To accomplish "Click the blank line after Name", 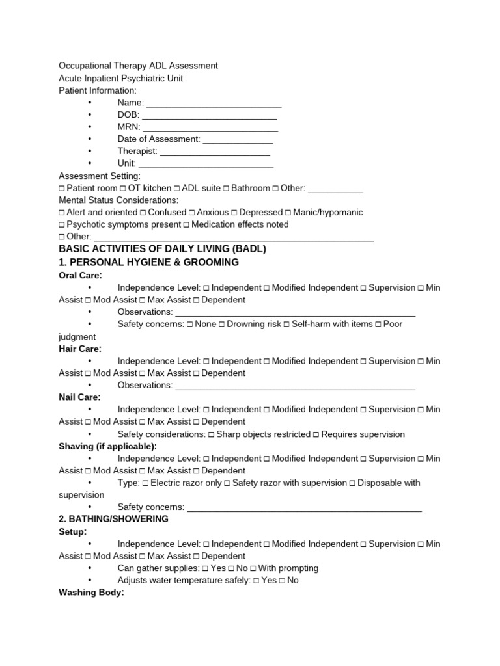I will coord(214,103).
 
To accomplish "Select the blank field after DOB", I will coord(210,115).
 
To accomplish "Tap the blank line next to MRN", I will coord(210,127).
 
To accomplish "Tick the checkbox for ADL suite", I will coord(177,189).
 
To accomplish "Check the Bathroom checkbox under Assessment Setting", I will coord(226,189).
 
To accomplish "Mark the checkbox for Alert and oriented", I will coord(62,213).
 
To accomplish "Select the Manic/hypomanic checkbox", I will coord(288,213).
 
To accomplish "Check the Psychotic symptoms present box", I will coord(62,225).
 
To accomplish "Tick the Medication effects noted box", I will coord(186,225).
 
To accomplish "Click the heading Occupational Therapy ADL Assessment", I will coord(138,66).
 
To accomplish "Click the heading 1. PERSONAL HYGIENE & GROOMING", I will coord(149,262).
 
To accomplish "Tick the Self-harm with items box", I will coord(286,325).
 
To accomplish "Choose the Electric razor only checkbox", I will coord(145,483).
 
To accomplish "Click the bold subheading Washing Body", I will coord(91,593).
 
